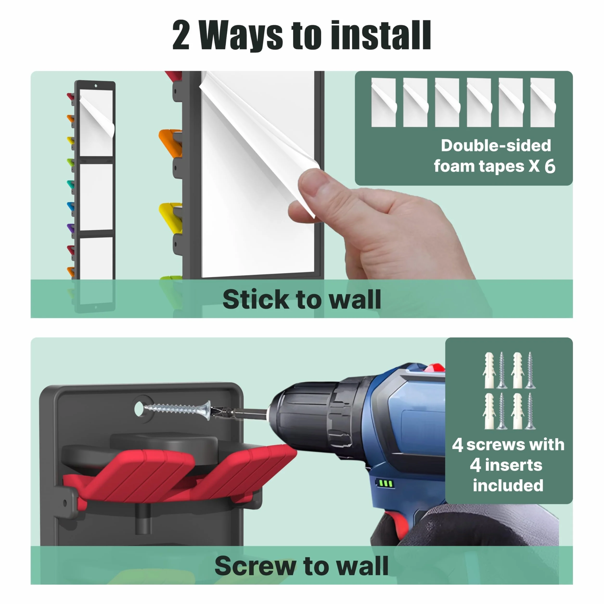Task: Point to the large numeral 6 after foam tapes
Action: (550, 166)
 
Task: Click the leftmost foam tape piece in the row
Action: (384, 102)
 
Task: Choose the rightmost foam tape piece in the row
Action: (543, 102)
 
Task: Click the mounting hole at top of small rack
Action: (96, 86)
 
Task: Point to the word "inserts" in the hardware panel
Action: (514, 465)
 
